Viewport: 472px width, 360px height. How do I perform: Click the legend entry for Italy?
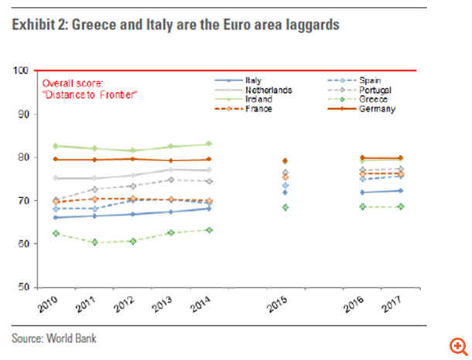[252, 80]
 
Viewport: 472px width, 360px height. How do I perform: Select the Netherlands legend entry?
[268, 90]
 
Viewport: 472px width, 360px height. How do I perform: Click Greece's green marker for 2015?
[285, 207]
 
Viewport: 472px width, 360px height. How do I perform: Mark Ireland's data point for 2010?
[55, 146]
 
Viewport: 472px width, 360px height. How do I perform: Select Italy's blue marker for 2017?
[399, 190]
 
